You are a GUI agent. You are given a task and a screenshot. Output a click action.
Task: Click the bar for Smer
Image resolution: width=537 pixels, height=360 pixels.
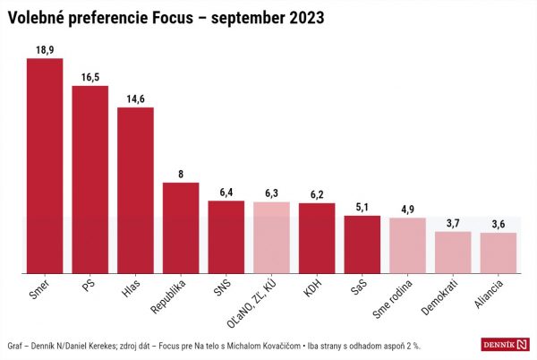click(45, 166)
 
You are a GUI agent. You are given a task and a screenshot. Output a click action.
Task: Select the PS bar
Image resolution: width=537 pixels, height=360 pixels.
click(90, 179)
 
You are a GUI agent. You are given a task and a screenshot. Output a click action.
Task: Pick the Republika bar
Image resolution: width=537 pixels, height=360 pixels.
click(181, 227)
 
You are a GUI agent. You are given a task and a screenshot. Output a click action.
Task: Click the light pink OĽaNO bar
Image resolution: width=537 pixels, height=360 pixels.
click(271, 237)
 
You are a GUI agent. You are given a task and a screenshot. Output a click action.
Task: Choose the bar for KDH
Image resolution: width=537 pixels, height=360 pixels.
click(317, 237)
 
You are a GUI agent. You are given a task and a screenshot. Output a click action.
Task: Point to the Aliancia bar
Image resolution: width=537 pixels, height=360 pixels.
click(499, 253)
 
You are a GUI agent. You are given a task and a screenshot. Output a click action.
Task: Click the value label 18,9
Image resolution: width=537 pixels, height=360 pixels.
click(45, 50)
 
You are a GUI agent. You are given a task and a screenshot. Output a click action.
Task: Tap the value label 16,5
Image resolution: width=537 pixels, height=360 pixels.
click(90, 77)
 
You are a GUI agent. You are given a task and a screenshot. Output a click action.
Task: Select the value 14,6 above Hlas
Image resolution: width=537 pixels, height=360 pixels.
click(136, 99)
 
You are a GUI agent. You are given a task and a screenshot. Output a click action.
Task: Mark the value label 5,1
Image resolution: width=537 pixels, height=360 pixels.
click(362, 208)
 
